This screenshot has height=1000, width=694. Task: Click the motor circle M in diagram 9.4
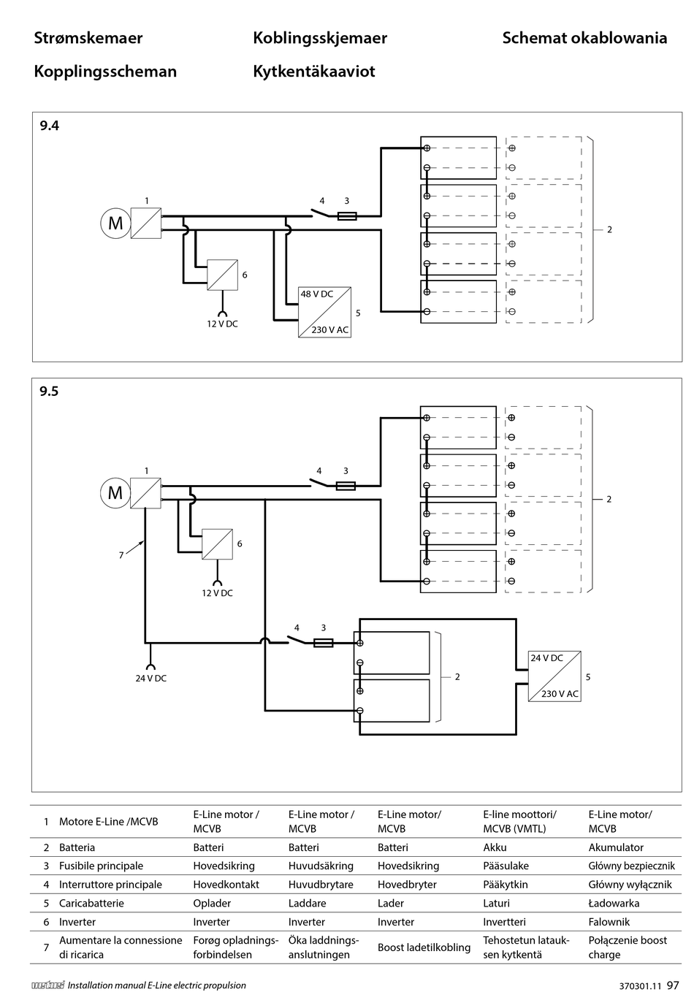click(115, 223)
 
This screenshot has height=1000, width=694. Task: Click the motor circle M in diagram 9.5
click(115, 493)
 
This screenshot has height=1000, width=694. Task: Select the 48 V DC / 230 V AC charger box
click(324, 312)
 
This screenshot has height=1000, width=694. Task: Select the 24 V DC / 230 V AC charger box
click(554, 676)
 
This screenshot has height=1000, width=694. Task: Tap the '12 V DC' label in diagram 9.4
click(222, 324)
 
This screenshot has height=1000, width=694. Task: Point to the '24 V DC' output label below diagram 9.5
click(150, 678)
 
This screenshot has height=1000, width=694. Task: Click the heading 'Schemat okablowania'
click(584, 38)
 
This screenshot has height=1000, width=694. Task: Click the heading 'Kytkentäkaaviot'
click(314, 72)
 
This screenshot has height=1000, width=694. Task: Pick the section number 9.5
click(49, 392)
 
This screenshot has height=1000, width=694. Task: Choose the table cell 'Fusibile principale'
click(101, 866)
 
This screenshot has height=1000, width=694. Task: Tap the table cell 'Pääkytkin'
click(505, 885)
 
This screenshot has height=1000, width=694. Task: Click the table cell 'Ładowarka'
click(614, 904)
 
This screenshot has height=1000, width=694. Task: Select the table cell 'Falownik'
click(609, 922)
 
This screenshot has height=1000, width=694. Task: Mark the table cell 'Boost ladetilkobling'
click(424, 947)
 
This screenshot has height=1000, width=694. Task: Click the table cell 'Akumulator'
click(616, 847)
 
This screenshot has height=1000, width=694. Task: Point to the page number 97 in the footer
click(673, 985)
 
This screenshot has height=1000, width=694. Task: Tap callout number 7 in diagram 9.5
click(121, 555)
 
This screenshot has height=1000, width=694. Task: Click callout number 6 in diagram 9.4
click(245, 275)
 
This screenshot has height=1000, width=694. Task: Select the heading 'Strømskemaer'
click(88, 38)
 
